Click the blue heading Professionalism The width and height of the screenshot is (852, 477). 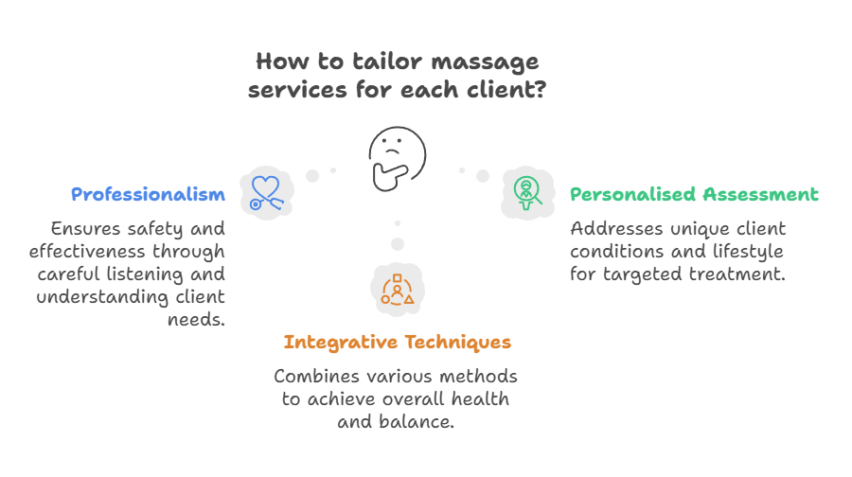(148, 195)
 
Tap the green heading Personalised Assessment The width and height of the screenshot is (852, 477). (694, 195)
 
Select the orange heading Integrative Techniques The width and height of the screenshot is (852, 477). (398, 342)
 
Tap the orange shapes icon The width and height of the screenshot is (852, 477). (398, 290)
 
